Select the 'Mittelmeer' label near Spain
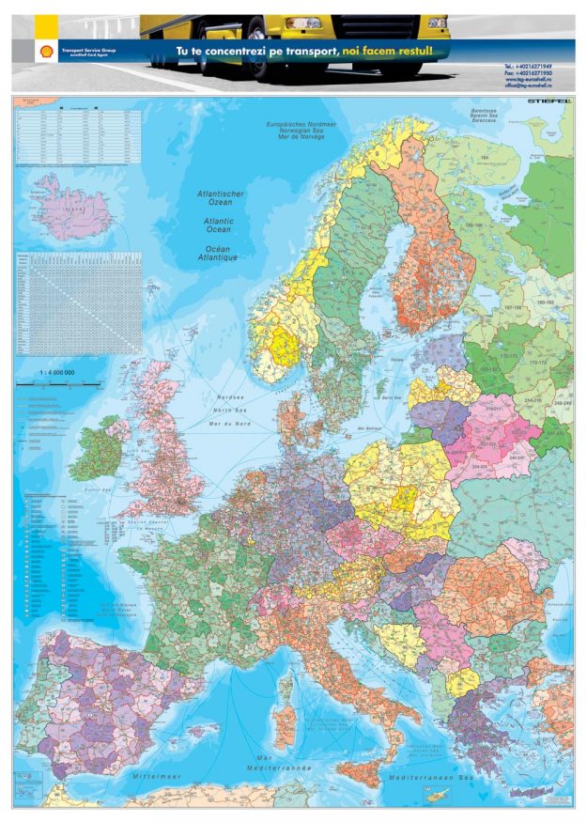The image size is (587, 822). (156, 778)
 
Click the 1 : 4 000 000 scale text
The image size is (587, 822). (56, 373)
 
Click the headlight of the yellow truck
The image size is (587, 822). (304, 23)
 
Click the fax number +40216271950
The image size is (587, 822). (528, 73)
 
